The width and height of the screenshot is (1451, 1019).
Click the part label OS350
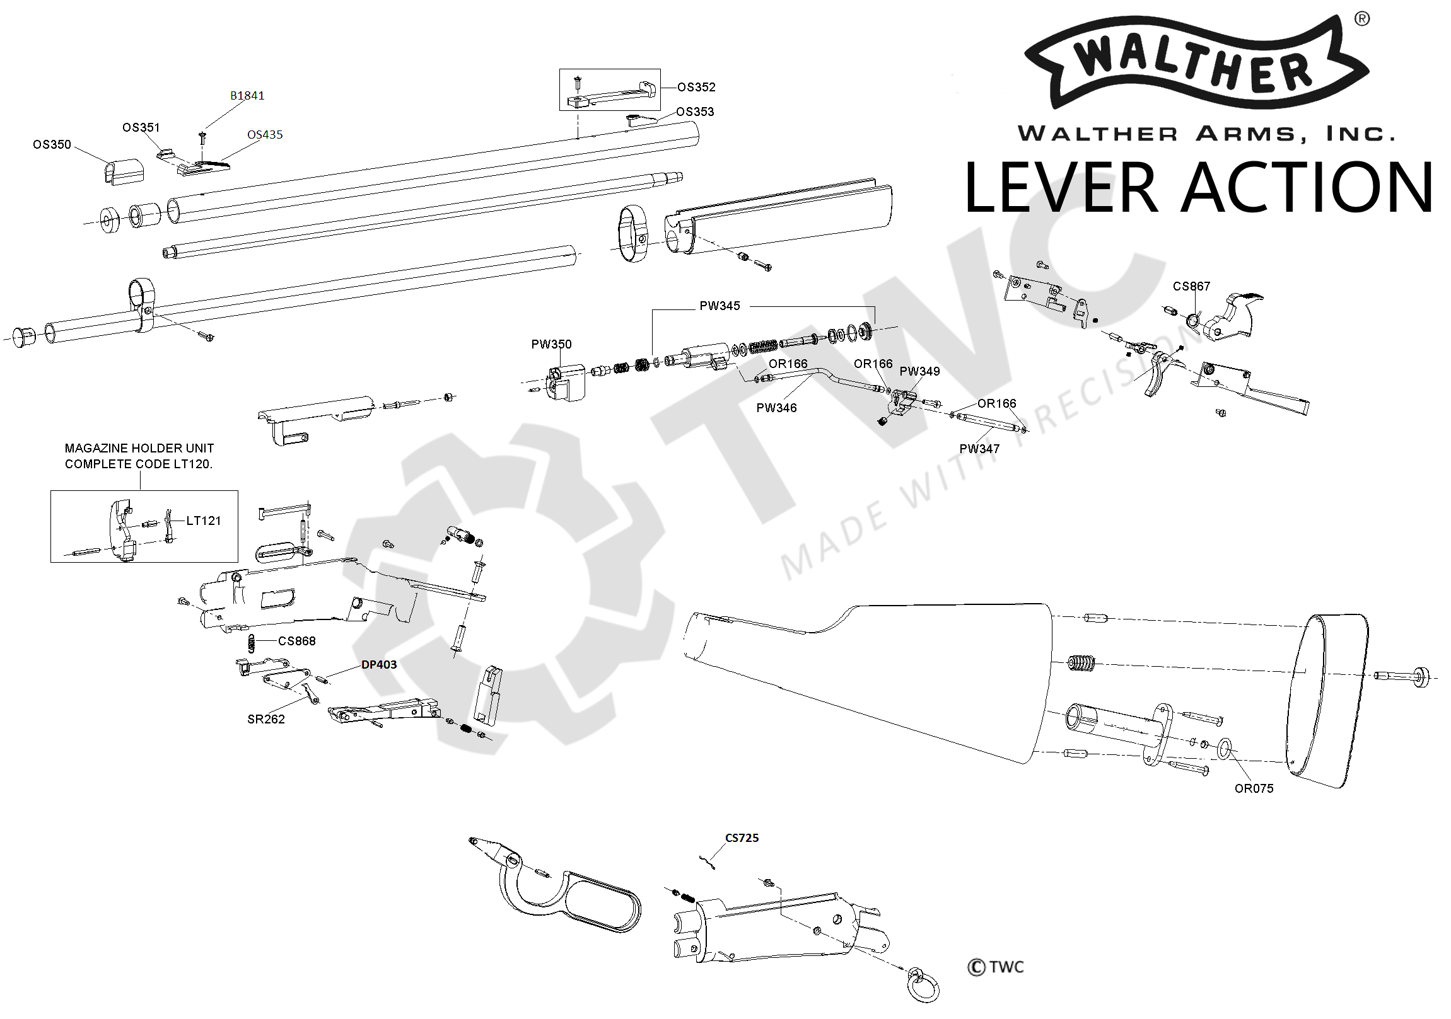(x=52, y=145)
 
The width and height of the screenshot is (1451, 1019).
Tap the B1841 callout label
(x=247, y=96)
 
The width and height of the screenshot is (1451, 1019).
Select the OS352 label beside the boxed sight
(x=696, y=87)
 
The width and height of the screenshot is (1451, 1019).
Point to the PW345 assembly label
(x=719, y=306)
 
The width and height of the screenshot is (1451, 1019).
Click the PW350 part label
(x=551, y=344)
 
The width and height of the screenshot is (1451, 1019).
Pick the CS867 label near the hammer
(x=1191, y=286)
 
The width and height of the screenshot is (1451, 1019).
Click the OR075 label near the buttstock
(x=1254, y=788)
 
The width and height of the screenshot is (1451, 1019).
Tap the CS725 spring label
(x=742, y=838)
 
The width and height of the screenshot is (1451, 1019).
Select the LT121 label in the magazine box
(x=204, y=521)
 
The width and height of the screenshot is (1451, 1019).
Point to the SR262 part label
(x=266, y=719)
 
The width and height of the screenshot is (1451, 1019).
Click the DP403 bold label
(x=379, y=665)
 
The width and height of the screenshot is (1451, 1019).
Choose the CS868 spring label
(x=297, y=642)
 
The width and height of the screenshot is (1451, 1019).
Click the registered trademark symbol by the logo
(x=1362, y=20)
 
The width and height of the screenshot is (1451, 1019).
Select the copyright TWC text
(x=995, y=967)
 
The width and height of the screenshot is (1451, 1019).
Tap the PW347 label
(x=979, y=449)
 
